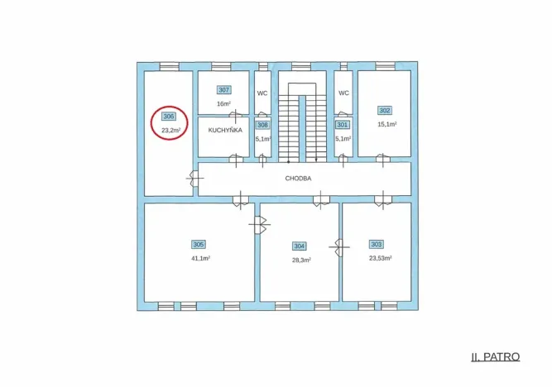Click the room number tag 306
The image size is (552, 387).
click(169, 117)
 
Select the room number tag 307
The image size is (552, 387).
click(224, 90)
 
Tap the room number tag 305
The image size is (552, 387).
click(199, 245)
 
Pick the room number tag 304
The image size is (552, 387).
click(300, 246)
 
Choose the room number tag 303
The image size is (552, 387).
click(377, 244)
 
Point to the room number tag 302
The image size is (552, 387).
click(385, 111)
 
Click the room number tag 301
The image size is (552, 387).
click(342, 125)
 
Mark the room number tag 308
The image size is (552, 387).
click(262, 125)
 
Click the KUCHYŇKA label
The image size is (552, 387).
click(225, 130)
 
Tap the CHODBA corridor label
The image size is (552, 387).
click(298, 179)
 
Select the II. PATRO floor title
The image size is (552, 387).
click(496, 356)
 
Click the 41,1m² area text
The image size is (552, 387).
click(200, 258)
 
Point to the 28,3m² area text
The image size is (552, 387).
click(301, 260)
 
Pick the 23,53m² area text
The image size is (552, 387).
click(381, 258)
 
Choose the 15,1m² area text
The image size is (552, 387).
click(387, 124)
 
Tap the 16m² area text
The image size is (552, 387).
click(224, 104)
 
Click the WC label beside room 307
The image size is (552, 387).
click(262, 93)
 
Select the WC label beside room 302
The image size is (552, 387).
click(344, 93)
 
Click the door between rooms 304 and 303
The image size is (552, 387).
click(339, 247)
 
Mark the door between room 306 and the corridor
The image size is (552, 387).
click(194, 179)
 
